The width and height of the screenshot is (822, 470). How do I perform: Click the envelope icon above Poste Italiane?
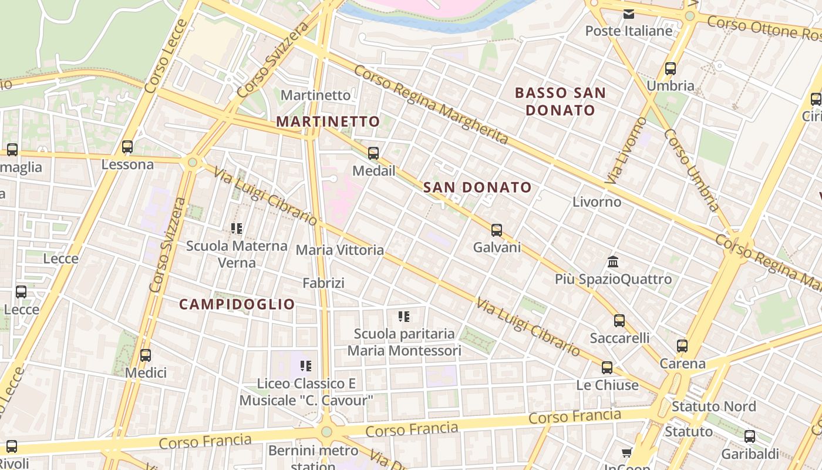coord(629,14)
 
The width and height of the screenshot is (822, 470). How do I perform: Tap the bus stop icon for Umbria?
coord(671,69)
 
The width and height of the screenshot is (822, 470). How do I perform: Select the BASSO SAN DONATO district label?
coord(560,101)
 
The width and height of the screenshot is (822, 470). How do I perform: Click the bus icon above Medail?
coord(373,153)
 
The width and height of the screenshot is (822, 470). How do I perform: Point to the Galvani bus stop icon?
coord(497,230)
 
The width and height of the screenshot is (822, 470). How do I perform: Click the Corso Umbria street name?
coord(691,170)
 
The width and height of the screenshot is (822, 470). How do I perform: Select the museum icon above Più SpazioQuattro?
coord(613,261)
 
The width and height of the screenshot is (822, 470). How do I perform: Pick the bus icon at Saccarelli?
coord(619,321)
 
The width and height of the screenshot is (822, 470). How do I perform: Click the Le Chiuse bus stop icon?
coord(607,368)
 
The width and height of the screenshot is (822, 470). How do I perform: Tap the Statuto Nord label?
coord(713,407)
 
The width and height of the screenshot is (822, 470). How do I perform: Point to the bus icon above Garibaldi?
coord(750,437)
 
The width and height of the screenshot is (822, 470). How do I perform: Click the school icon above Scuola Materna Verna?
coord(237,228)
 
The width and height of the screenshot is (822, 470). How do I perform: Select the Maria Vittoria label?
coord(340,250)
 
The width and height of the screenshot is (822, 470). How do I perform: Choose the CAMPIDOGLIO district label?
coord(237,304)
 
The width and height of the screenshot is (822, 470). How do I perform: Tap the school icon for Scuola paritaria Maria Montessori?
coord(404,317)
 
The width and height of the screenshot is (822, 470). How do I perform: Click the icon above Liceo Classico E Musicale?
coord(306,366)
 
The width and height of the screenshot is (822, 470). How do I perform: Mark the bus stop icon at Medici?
coord(146,355)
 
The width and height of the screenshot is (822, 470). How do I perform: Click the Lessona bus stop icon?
coord(127,147)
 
